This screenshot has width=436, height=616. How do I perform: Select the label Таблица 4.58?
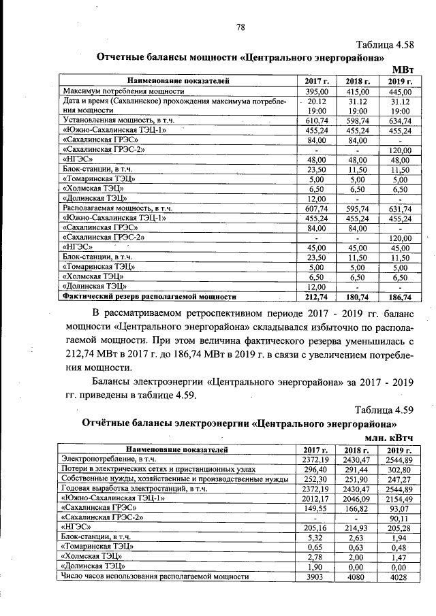[384, 45]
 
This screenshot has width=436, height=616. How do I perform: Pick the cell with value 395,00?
[317, 91]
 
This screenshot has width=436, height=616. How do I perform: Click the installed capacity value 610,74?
[317, 120]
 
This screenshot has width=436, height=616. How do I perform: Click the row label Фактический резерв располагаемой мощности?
[149, 297]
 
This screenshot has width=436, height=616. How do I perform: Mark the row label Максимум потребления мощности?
[123, 91]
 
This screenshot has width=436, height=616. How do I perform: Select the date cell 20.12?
[317, 101]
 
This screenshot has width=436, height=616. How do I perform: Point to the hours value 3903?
[317, 577]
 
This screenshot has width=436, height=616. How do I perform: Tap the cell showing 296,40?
[317, 469]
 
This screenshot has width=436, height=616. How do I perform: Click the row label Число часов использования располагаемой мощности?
[155, 577]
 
